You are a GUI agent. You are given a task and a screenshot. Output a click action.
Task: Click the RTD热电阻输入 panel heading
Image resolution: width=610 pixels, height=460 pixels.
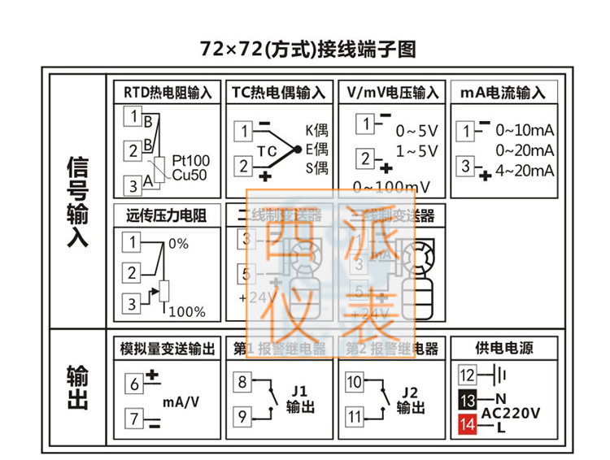pos(168,93)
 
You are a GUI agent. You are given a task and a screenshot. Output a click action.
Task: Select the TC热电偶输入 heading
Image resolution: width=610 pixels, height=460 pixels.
pos(277,93)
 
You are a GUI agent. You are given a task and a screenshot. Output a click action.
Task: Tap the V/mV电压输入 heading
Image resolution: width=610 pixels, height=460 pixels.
pos(392,93)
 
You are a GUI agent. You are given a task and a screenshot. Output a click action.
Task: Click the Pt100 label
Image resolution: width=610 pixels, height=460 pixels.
pos(191,160)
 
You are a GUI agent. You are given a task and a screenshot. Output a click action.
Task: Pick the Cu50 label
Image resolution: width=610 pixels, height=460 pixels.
pos(190,174)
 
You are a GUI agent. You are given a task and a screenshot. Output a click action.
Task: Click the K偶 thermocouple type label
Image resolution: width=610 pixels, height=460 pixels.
pos(316,130)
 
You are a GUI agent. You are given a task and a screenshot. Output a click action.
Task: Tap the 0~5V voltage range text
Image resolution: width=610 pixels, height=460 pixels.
pos(416,131)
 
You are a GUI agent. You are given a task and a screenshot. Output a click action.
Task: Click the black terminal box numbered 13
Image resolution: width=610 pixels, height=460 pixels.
pos(467,400)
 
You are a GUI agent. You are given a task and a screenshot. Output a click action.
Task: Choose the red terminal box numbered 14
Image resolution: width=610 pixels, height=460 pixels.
pos(467,423)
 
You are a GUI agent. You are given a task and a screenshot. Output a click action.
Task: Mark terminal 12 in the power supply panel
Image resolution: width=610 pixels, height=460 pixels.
pos(467,375)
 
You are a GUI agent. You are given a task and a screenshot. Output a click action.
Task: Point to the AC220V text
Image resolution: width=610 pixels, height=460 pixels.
pos(511,413)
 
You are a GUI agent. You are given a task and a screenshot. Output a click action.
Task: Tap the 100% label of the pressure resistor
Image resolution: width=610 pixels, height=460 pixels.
pos(187,312)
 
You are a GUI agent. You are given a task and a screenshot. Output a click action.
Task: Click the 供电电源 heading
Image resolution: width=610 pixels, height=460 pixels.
pos(504,349)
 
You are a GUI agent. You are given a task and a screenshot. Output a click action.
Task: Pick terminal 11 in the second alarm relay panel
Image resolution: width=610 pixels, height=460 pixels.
pos(355,417)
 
